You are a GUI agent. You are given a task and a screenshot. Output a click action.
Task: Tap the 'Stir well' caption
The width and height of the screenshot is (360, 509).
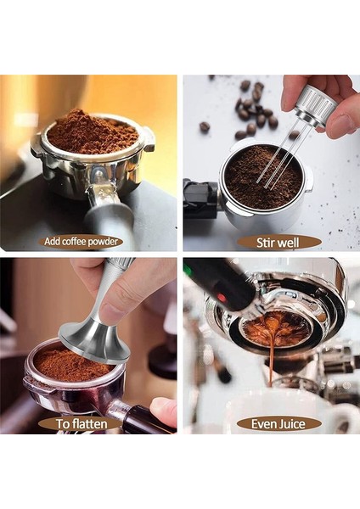(278, 242)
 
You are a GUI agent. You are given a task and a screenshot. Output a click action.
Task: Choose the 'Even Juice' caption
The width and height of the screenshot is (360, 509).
(278, 422)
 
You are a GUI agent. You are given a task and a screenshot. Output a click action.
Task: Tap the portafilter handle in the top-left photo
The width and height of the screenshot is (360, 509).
(110, 212)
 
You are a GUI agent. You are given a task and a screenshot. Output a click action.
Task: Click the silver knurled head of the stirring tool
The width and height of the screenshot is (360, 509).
(318, 107)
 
